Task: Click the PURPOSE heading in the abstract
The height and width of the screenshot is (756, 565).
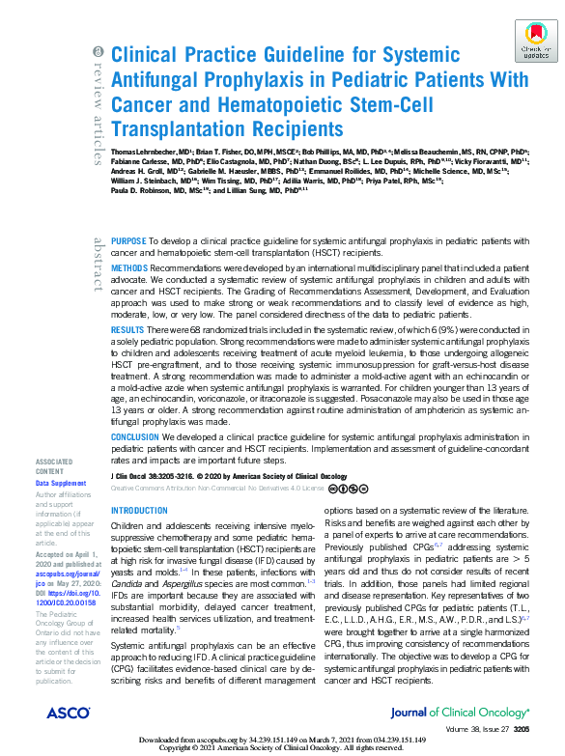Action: tap(128, 239)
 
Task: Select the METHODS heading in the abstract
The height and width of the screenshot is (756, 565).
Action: tap(130, 266)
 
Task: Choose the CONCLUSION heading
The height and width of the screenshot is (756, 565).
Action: tap(135, 435)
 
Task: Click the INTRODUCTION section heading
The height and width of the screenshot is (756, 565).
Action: tap(140, 511)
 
